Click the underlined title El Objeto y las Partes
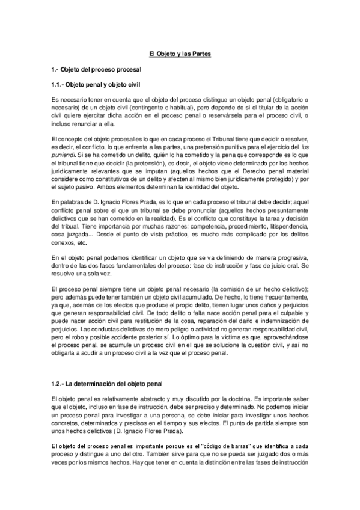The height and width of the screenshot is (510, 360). point(180,54)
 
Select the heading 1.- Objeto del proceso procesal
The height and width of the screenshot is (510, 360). point(95,70)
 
